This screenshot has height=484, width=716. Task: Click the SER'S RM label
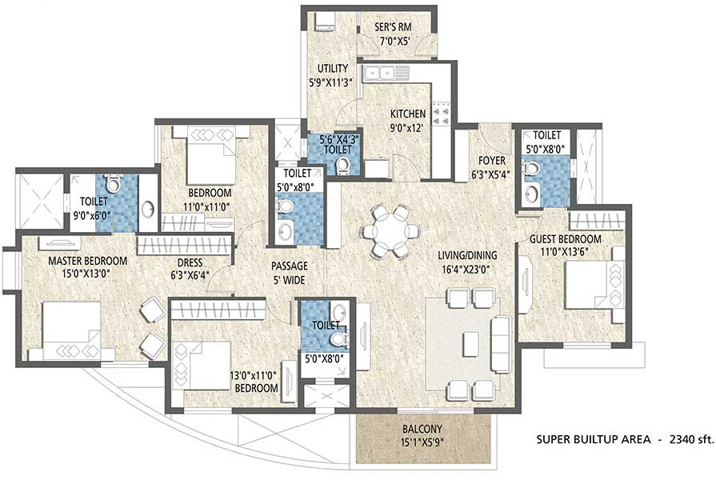pos(393,27)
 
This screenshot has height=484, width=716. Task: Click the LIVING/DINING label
pos(467,255)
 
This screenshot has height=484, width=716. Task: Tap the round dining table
pos(390,230)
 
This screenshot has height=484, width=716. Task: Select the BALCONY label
pos(422,428)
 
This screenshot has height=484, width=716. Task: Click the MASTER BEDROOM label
pos(87,261)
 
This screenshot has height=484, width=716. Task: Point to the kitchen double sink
pos(380,73)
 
